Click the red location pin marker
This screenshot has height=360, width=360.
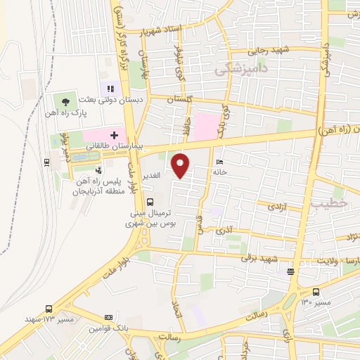click(x=182, y=165)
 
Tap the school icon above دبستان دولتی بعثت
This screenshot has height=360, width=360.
click(x=109, y=89)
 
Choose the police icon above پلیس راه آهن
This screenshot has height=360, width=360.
click(x=98, y=169)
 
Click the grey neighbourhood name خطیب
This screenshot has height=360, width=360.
click(x=323, y=202)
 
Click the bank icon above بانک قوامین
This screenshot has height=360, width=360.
click(x=108, y=316)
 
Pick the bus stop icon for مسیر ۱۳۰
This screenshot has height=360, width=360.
click(x=315, y=291)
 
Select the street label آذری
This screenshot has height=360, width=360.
click(x=224, y=229)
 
